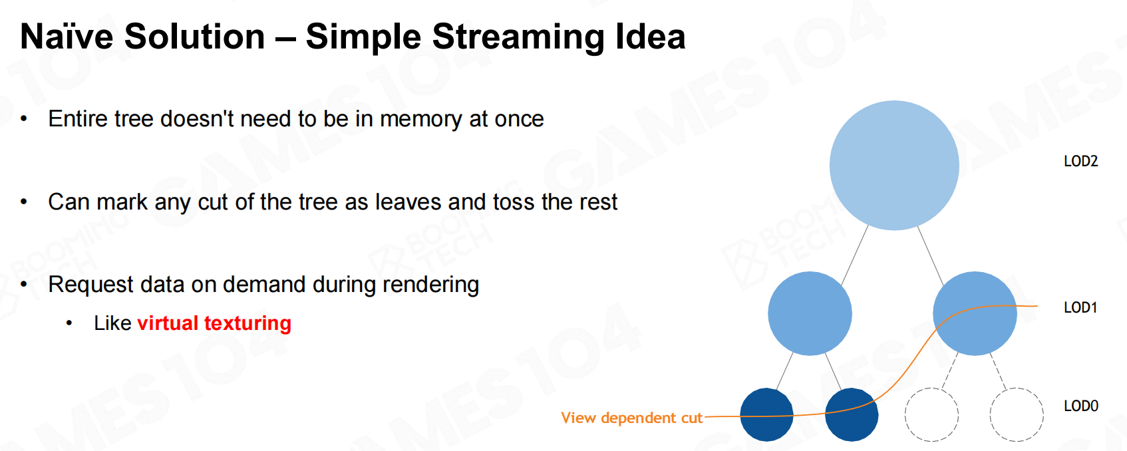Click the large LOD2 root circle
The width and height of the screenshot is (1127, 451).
pyautogui.click(x=894, y=166)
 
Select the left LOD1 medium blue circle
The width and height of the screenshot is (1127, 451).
pyautogui.click(x=810, y=313)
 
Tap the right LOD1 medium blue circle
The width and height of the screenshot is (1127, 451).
pyautogui.click(x=975, y=313)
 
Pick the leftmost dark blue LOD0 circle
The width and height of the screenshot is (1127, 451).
pyautogui.click(x=767, y=415)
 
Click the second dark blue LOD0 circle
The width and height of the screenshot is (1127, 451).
pyautogui.click(x=852, y=415)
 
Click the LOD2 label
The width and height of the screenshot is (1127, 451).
pyautogui.click(x=1080, y=162)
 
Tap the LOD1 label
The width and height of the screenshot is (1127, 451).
pyautogui.click(x=1080, y=308)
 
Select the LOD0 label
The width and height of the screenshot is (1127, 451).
pyautogui.click(x=1080, y=406)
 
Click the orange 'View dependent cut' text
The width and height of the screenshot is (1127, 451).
pyautogui.click(x=631, y=418)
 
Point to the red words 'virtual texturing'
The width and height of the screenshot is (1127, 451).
pyautogui.click(x=214, y=323)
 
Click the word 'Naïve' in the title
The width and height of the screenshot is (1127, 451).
pyautogui.click(x=67, y=37)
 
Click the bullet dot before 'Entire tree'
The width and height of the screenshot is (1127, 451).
pyautogui.click(x=24, y=119)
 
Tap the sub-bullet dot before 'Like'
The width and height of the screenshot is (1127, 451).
pyautogui.click(x=69, y=323)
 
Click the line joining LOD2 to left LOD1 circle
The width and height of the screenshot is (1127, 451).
pyautogui.click(x=855, y=255)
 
